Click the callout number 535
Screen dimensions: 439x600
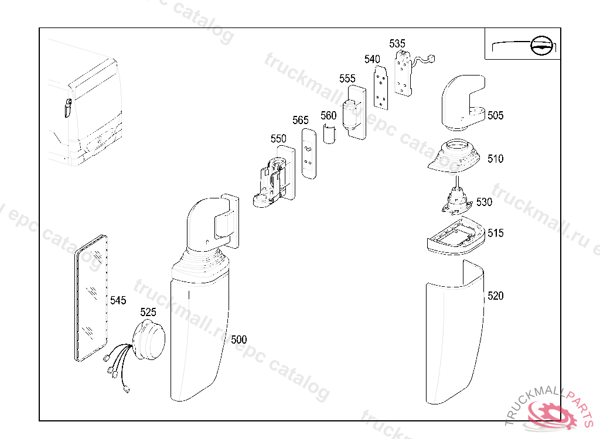click(x=397, y=44)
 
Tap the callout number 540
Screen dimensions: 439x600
click(x=372, y=59)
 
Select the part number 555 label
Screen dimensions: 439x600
click(x=347, y=79)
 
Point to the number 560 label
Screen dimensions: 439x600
click(x=329, y=116)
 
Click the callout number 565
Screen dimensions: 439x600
click(x=301, y=121)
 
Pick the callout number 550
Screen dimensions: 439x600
click(x=278, y=139)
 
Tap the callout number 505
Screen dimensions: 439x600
click(x=496, y=115)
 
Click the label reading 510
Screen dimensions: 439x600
click(x=496, y=159)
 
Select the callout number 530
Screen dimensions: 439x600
click(x=484, y=202)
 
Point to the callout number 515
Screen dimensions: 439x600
click(x=496, y=234)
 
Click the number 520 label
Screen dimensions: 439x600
click(x=496, y=296)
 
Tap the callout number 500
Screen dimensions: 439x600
click(x=239, y=339)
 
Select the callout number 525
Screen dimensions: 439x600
click(x=148, y=313)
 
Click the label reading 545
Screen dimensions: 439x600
click(x=118, y=300)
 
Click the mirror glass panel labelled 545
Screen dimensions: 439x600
click(x=91, y=299)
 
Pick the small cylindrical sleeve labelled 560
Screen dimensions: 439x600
click(x=329, y=134)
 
